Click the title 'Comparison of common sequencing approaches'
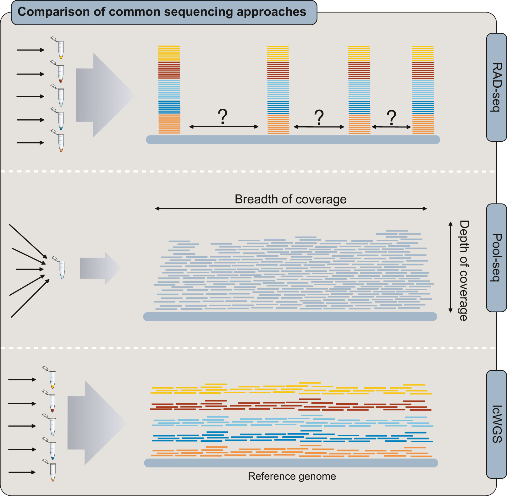(162, 12)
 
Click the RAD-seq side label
(496, 87)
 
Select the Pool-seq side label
(496, 258)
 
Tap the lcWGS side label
(497, 424)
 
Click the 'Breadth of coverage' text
(290, 199)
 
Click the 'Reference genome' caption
(292, 476)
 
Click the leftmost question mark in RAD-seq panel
(223, 117)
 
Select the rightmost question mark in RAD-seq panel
(391, 118)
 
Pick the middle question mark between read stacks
(319, 117)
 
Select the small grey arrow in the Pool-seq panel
(100, 268)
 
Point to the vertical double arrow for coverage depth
(450, 267)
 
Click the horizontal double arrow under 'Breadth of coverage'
(291, 209)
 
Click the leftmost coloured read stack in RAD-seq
(169, 90)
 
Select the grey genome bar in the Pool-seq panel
(290, 317)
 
